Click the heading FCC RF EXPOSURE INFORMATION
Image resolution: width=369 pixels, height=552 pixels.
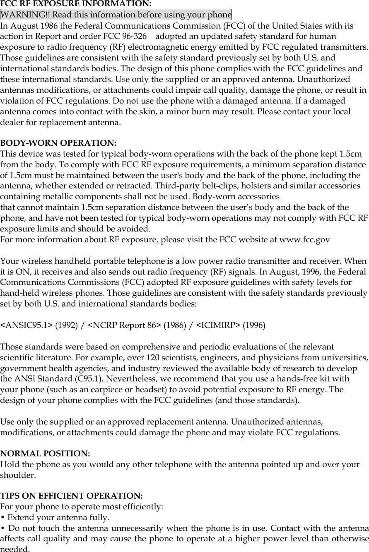pos(76,4)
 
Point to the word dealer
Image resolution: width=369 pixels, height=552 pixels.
pos(13,123)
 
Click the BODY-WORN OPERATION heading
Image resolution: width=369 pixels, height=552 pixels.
pos(58,143)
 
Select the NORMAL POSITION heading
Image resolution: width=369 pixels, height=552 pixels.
pos(45,454)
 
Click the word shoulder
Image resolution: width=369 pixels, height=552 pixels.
pos(17,475)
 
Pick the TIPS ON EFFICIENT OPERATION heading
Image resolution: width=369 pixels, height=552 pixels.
pos(72,496)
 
